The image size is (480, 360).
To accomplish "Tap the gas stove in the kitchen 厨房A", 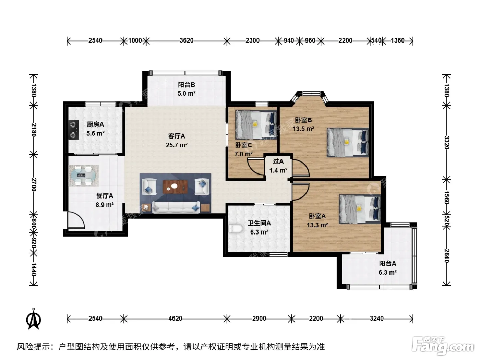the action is coord(74,130).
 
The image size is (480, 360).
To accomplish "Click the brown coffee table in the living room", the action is coord(175,187).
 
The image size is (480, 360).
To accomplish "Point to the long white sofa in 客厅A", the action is coord(176,207).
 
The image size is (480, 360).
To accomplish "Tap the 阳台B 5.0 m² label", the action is coord(186,89).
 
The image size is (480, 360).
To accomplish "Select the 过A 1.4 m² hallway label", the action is coord(278,166).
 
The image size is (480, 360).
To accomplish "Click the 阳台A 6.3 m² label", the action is coord(387,268).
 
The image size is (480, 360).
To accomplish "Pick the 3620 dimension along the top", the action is coord(187,41).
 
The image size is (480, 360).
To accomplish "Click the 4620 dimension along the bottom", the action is coord(175,319).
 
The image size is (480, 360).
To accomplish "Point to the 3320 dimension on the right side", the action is coord(447,143).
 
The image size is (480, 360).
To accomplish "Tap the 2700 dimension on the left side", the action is coord(34,184).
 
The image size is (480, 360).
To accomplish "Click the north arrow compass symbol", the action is coord(34,319).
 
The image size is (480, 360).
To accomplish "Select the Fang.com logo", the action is coord(443,346).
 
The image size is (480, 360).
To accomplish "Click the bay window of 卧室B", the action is coord(311,96).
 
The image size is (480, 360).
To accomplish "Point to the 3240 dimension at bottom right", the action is coord(376,319).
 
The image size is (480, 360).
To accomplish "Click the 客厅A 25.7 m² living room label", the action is coord(177,141).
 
